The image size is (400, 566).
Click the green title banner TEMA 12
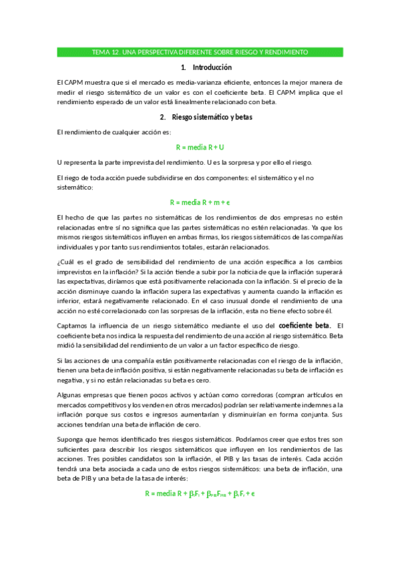tap(200, 51)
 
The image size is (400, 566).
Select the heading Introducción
tap(212, 67)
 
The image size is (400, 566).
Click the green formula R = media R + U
tap(200, 147)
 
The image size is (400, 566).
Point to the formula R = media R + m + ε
tap(200, 202)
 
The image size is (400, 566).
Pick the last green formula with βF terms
tap(200, 494)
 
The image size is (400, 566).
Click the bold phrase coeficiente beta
tap(305, 325)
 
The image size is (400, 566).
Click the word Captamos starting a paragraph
tap(73, 326)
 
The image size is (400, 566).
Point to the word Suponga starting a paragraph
tap(71, 440)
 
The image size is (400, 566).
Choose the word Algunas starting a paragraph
tap(71, 395)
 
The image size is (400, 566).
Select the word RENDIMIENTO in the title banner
tap(282, 51)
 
